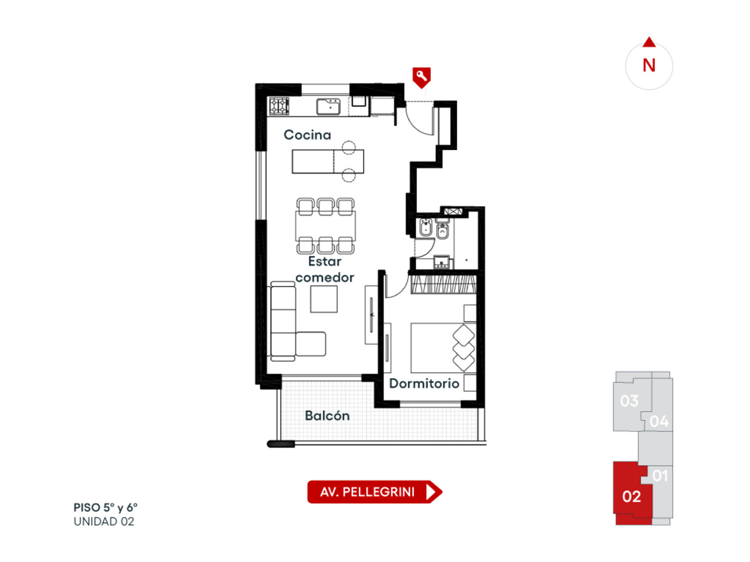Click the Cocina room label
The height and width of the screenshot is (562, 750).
[x=307, y=135]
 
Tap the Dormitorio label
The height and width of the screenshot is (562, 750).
[x=424, y=384]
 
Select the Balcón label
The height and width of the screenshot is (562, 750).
[x=327, y=415]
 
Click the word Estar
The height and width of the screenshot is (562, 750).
[x=324, y=261]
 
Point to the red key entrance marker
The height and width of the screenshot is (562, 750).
[x=421, y=77]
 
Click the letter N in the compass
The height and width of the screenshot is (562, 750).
[x=649, y=65]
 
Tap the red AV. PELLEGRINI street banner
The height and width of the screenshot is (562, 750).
[x=375, y=492]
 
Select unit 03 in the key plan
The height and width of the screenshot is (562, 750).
[x=629, y=401]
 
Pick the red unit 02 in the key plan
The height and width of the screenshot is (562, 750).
[x=631, y=496]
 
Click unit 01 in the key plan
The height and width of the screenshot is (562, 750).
[x=660, y=476]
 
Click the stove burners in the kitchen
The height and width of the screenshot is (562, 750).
[x=279, y=106]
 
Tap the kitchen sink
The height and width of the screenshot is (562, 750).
[x=328, y=107]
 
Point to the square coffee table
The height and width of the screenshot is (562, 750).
[x=323, y=299]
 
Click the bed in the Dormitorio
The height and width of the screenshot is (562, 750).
[x=443, y=348]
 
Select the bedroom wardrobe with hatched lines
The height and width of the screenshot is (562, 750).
[x=443, y=283]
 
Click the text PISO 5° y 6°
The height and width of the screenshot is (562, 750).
[x=105, y=508]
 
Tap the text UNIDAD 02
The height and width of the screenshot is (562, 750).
[x=104, y=521]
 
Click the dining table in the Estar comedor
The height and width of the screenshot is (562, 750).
[x=325, y=226]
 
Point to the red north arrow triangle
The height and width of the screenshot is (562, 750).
[x=649, y=42]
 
